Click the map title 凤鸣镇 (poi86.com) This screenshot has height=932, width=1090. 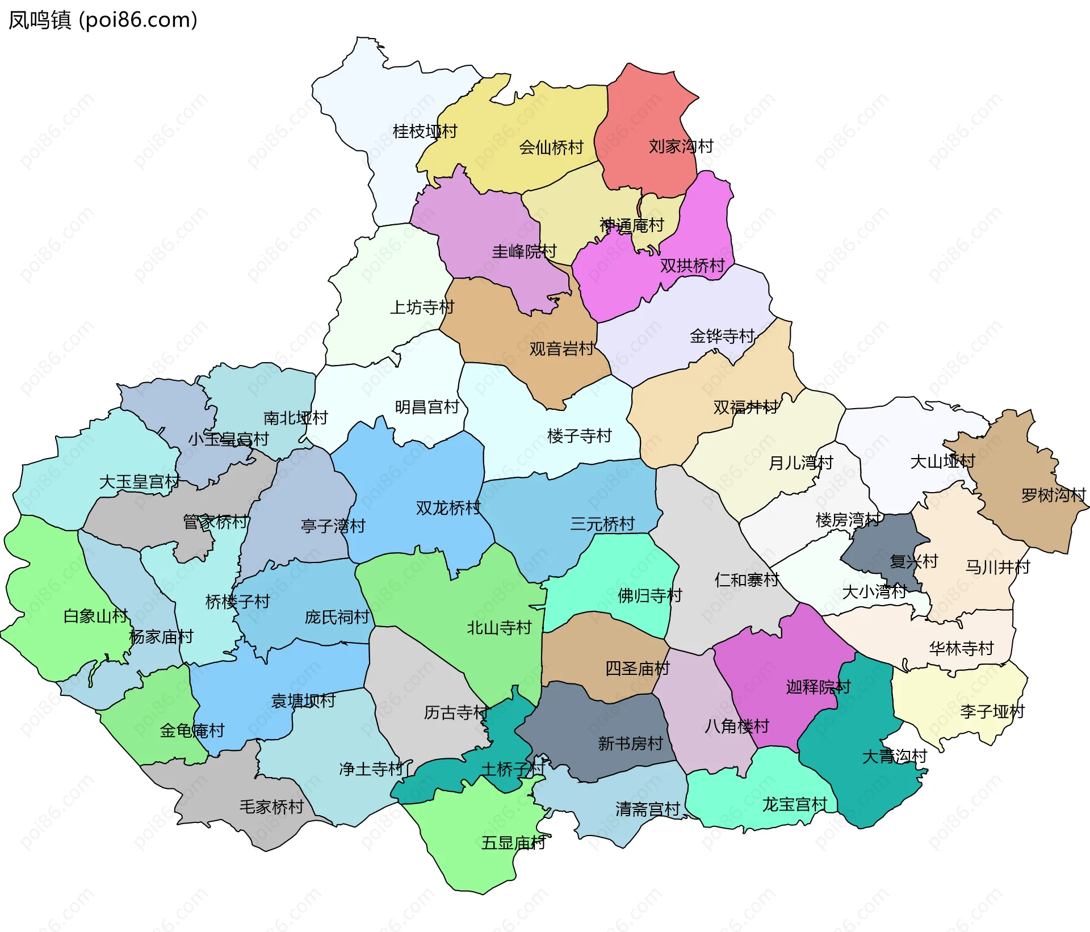tap(103, 20)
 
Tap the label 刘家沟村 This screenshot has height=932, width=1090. tap(681, 146)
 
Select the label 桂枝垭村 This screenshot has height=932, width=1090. tap(425, 132)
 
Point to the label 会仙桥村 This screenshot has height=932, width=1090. tap(551, 148)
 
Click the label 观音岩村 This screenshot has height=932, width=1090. tap(561, 349)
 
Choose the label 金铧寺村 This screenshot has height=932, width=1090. tap(722, 336)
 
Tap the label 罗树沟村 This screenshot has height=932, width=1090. tap(1053, 495)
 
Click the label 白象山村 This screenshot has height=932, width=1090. tap(95, 616)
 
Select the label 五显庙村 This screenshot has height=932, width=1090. tap(513, 843)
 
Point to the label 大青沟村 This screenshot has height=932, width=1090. tap(894, 756)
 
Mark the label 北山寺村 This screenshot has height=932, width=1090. tap(499, 628)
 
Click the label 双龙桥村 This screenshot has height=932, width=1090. tap(448, 507)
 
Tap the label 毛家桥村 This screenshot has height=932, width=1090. tap(271, 807)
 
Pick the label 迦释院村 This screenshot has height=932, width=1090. tap(818, 687)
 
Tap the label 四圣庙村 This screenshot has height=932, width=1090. tap(638, 668)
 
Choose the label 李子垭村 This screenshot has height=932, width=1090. tap(992, 711)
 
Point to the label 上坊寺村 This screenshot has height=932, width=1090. tap(422, 308)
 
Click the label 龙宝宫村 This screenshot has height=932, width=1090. tap(794, 804)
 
